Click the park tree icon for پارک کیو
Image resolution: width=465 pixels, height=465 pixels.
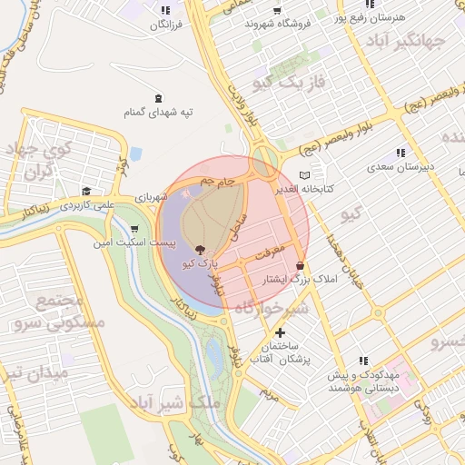coord(200,250)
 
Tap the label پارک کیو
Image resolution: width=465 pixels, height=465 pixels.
coord(200,263)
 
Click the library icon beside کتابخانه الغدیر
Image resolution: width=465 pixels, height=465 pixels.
coord(305,175)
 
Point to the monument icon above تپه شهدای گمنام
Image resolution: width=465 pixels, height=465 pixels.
coord(160,98)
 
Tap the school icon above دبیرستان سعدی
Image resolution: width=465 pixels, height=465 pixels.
coord(400,153)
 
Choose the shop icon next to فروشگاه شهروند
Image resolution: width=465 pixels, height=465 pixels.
coord(276,10)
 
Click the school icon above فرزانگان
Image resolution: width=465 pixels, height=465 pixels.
coord(164,10)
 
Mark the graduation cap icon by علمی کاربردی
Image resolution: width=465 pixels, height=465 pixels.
coord(85,192)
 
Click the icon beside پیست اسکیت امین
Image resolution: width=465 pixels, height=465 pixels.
coord(135,229)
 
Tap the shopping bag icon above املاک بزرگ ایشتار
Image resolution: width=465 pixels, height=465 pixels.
coord(300,265)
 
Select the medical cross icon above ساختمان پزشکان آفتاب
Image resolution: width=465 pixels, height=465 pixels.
coord(280,333)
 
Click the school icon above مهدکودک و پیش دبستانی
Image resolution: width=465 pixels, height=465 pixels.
coord(364,361)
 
